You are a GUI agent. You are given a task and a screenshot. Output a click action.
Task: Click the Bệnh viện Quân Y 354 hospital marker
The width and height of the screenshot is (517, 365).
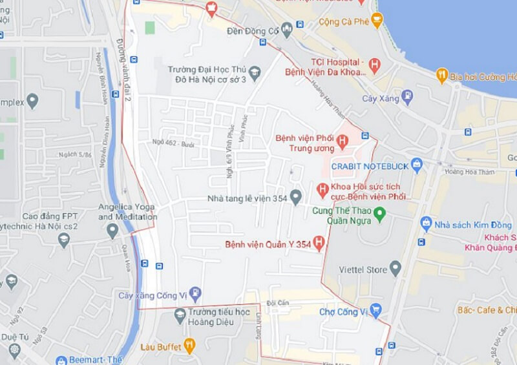click(x=318, y=244)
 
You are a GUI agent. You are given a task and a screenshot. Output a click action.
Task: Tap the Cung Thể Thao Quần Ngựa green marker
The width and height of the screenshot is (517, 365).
click(x=380, y=212)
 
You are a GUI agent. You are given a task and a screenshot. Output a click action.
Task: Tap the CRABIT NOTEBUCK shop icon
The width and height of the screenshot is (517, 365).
click(x=417, y=165)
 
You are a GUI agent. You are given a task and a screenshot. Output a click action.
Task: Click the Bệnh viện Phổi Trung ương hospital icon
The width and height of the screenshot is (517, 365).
click(x=343, y=140)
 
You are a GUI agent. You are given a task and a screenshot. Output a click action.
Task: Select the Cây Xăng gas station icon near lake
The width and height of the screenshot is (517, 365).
click(x=406, y=98)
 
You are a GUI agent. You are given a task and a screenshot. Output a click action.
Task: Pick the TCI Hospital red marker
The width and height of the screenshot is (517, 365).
click(x=374, y=65)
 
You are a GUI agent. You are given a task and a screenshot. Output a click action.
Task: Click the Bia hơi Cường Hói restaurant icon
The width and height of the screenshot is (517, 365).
click(x=442, y=76)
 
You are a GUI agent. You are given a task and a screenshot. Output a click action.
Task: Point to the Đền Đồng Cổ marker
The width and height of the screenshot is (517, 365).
click(x=285, y=29)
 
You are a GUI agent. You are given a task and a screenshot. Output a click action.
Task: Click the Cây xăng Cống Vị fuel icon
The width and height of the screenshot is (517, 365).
click(x=195, y=295)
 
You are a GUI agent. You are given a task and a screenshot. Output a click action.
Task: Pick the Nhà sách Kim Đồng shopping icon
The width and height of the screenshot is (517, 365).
click(x=426, y=224)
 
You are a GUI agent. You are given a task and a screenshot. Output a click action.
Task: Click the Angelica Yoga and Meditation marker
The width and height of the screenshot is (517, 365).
click(x=112, y=230)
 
